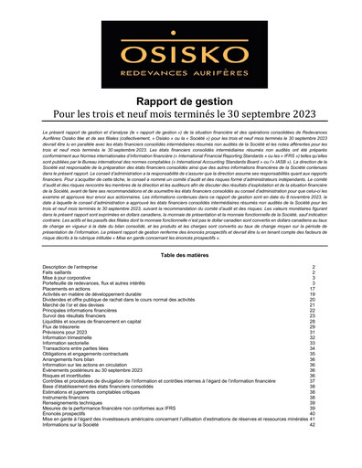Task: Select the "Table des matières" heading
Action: coord(180,255)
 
